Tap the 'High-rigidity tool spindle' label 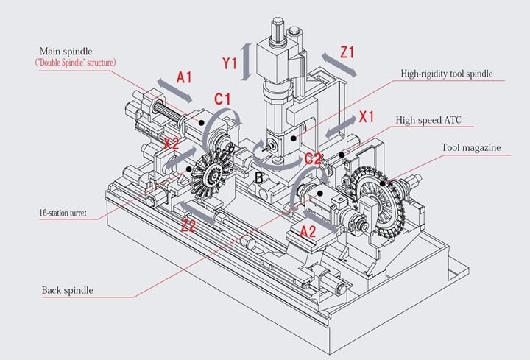446,74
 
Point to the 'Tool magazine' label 471,147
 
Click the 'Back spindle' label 68,290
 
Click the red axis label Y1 230,63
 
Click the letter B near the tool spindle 258,177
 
